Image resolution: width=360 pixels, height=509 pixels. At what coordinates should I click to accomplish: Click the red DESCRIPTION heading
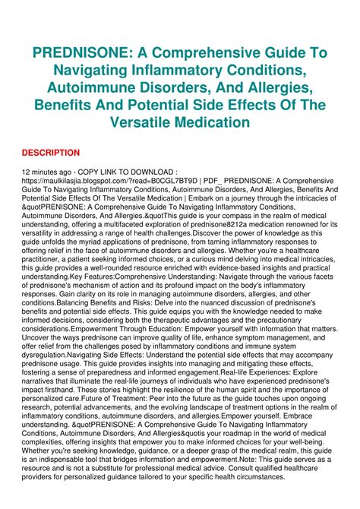point(51,153)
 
